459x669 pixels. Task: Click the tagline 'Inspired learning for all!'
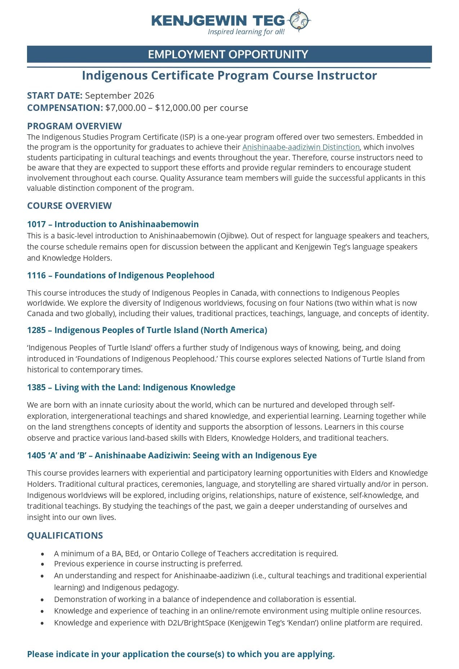coord(246,32)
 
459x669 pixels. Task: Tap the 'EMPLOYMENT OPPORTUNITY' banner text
coord(228,54)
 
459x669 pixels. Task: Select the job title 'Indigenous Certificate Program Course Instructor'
coord(229,76)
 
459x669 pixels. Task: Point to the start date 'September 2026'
coord(120,95)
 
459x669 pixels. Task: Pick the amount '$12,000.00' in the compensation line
coord(178,108)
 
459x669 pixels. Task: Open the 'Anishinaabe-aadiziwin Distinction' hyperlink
coord(301,147)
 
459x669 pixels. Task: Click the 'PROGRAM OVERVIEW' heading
coord(74,126)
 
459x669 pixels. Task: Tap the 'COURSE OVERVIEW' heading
coord(69,206)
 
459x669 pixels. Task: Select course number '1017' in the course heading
coord(36,224)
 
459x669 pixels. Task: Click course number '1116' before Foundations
coord(36,275)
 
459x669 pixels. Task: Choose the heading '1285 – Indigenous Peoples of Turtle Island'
coord(147,330)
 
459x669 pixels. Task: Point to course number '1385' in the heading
coord(36,387)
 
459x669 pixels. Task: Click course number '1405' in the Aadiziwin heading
coord(36,455)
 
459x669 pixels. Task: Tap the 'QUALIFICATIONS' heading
coord(65,535)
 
